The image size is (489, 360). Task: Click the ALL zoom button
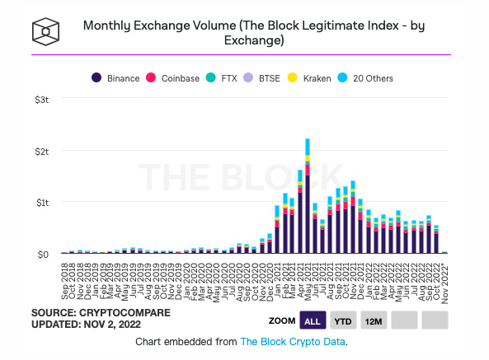click(x=313, y=320)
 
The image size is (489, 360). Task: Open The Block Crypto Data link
click(x=292, y=341)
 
